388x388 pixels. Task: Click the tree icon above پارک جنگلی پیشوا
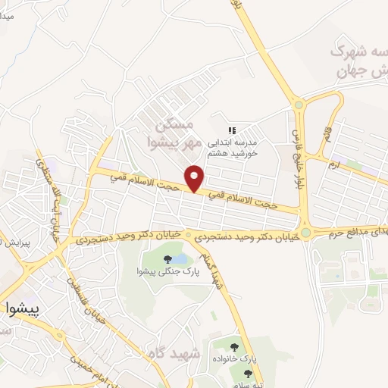(167, 259)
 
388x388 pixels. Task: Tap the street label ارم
(333, 162)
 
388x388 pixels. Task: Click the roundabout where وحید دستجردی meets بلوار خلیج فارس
(306, 233)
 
